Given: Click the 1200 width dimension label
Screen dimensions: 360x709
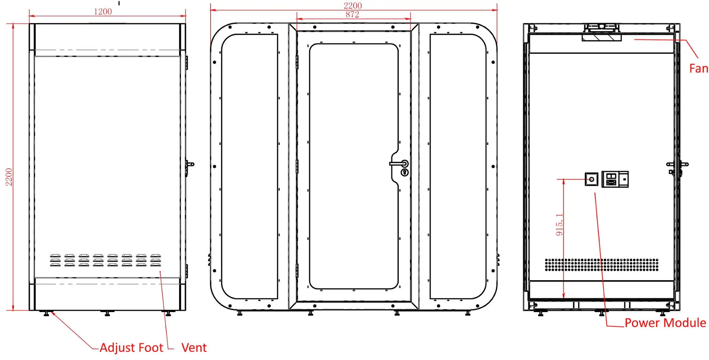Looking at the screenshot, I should pos(103,11).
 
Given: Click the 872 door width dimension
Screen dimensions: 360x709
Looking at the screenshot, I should pos(352,15).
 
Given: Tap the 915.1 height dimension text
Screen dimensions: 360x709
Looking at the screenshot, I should pos(559,225).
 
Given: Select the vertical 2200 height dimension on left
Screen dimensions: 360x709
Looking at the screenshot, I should pos(9,177).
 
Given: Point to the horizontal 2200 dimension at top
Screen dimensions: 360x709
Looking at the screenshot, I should pos(353,5).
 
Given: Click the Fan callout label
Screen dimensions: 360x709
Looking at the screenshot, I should pos(698,68).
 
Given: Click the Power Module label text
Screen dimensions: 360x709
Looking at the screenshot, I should pos(665,323).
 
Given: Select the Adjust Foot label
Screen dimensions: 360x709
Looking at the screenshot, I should pos(131,348).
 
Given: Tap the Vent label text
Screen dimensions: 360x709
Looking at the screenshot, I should pos(194,348).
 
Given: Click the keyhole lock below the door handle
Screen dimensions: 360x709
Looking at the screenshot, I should pos(405,172).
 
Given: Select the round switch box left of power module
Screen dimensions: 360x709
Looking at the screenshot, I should pos(591,179).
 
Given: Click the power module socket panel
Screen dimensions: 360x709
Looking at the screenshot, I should pos(615,179).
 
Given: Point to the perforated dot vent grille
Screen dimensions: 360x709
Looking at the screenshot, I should pos(602,265).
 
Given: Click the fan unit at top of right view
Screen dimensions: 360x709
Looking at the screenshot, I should pos(602,37).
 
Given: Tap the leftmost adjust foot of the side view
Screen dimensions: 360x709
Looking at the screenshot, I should pos(46,314).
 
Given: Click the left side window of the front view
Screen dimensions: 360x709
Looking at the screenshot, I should pos(250,166).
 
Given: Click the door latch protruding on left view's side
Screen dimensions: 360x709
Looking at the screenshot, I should pos(190,165).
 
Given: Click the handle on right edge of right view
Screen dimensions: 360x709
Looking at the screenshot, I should pos(678,165).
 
